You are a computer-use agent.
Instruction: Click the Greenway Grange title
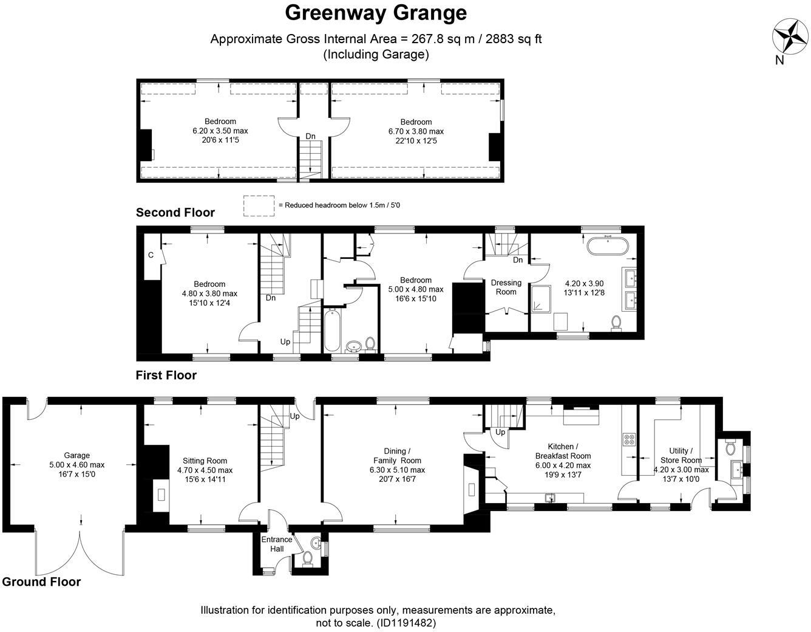(x=376, y=12)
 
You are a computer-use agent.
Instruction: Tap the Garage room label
(x=76, y=455)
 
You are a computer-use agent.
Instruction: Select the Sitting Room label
(x=205, y=461)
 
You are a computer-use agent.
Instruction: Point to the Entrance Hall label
(x=277, y=544)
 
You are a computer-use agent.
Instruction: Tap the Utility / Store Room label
(x=680, y=455)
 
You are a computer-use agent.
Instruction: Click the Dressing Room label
(x=506, y=287)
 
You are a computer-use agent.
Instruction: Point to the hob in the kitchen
(x=629, y=439)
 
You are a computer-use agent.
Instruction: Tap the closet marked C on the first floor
(x=151, y=255)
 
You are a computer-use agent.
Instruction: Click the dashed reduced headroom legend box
(x=259, y=205)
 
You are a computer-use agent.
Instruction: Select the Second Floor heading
(x=175, y=212)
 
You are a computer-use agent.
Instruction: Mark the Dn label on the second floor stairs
(x=310, y=136)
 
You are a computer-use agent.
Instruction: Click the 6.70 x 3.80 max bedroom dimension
(x=416, y=131)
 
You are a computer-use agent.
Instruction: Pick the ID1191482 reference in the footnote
(x=406, y=623)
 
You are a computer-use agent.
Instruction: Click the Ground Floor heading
(x=41, y=582)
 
